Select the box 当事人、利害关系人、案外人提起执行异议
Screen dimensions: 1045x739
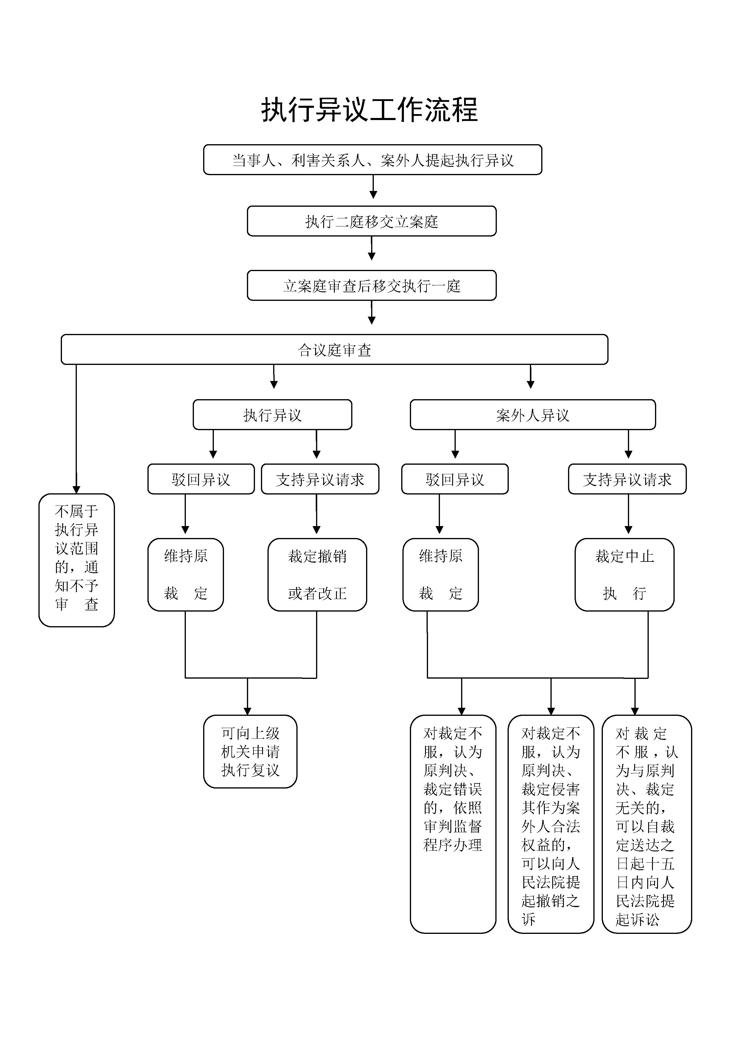(x=372, y=160)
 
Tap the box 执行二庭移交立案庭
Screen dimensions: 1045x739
(x=371, y=221)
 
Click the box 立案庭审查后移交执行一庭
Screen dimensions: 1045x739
(x=371, y=285)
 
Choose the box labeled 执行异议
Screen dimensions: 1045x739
(x=272, y=415)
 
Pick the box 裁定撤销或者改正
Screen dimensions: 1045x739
(x=317, y=574)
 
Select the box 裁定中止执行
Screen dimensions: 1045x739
(x=624, y=574)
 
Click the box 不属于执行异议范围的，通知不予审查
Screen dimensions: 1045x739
(x=77, y=560)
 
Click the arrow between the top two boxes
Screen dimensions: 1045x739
(x=373, y=187)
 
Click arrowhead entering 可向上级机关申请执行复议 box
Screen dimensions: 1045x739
(x=248, y=711)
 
